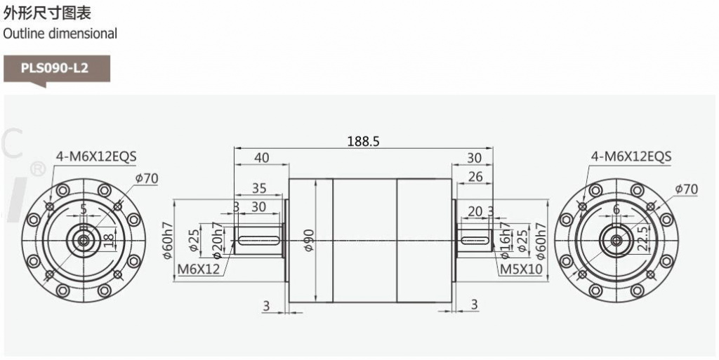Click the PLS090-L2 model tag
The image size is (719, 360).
point(55,69)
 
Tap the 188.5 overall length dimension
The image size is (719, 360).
point(364,141)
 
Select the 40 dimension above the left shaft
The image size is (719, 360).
point(262,158)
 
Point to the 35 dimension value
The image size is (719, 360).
point(259,188)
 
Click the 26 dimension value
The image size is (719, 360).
point(475,176)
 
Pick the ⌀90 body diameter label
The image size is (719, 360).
point(309,240)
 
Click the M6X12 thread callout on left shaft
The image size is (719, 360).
point(199,268)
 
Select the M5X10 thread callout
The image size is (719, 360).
point(520,268)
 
